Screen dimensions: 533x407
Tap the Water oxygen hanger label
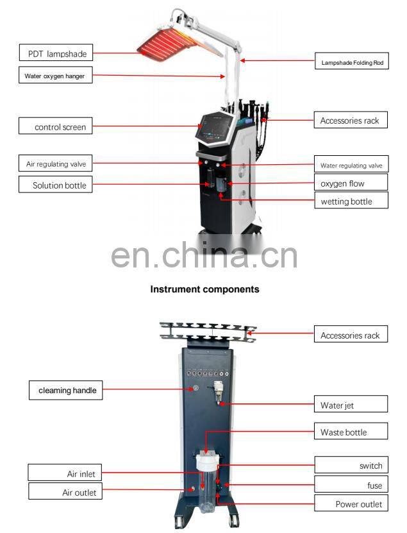[x=54, y=76]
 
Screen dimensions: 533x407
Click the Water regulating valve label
[x=351, y=165]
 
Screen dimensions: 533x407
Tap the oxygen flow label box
[x=350, y=183]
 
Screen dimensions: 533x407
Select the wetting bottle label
[x=350, y=201]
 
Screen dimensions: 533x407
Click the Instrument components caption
[x=204, y=289]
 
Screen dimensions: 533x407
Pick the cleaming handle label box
[x=66, y=390]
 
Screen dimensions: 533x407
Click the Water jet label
[x=350, y=405]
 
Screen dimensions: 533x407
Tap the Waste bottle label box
[x=351, y=432]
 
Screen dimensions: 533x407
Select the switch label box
[x=351, y=466]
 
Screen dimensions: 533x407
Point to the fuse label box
[x=351, y=486]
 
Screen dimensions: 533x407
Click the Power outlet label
[x=351, y=503]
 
